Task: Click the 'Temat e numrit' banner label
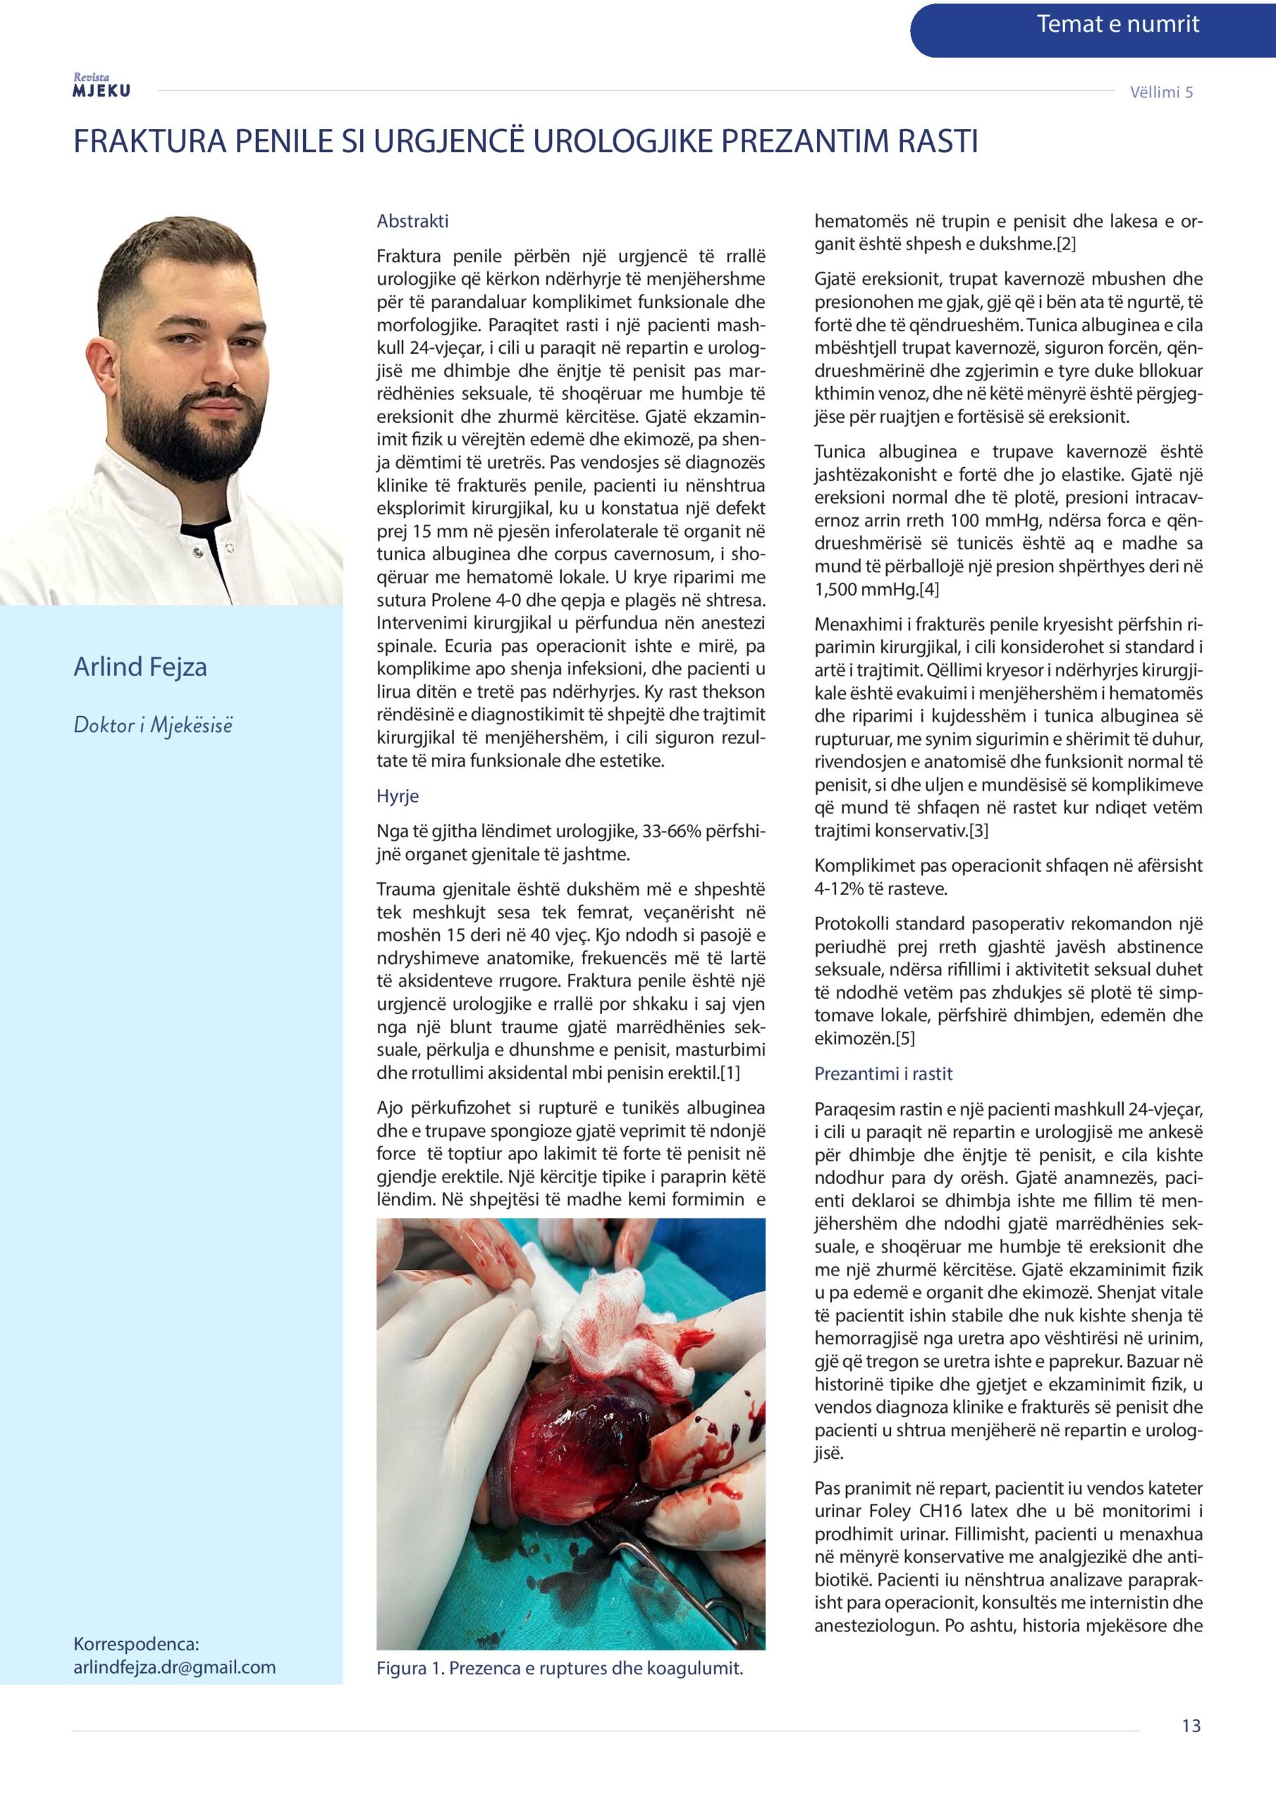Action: click(1117, 25)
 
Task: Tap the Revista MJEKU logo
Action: click(102, 86)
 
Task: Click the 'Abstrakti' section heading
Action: click(412, 221)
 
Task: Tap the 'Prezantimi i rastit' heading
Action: click(883, 1074)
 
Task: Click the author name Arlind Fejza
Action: click(140, 667)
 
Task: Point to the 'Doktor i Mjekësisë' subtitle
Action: click(152, 725)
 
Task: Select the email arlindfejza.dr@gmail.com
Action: click(175, 1667)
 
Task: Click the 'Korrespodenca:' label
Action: click(136, 1645)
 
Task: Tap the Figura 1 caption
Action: click(559, 1668)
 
